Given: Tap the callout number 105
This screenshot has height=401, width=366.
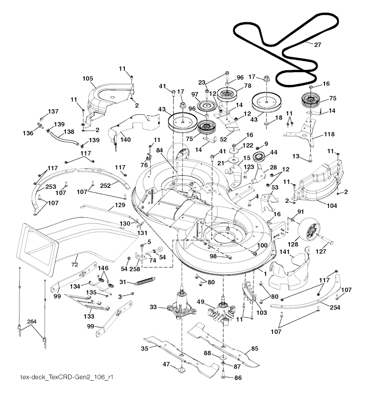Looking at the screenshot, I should [88, 78].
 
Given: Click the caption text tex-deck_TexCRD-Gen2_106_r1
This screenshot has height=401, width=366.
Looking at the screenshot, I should [60, 377].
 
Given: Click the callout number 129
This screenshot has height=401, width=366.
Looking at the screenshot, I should [120, 205].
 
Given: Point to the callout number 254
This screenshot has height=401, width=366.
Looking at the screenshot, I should [335, 307].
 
